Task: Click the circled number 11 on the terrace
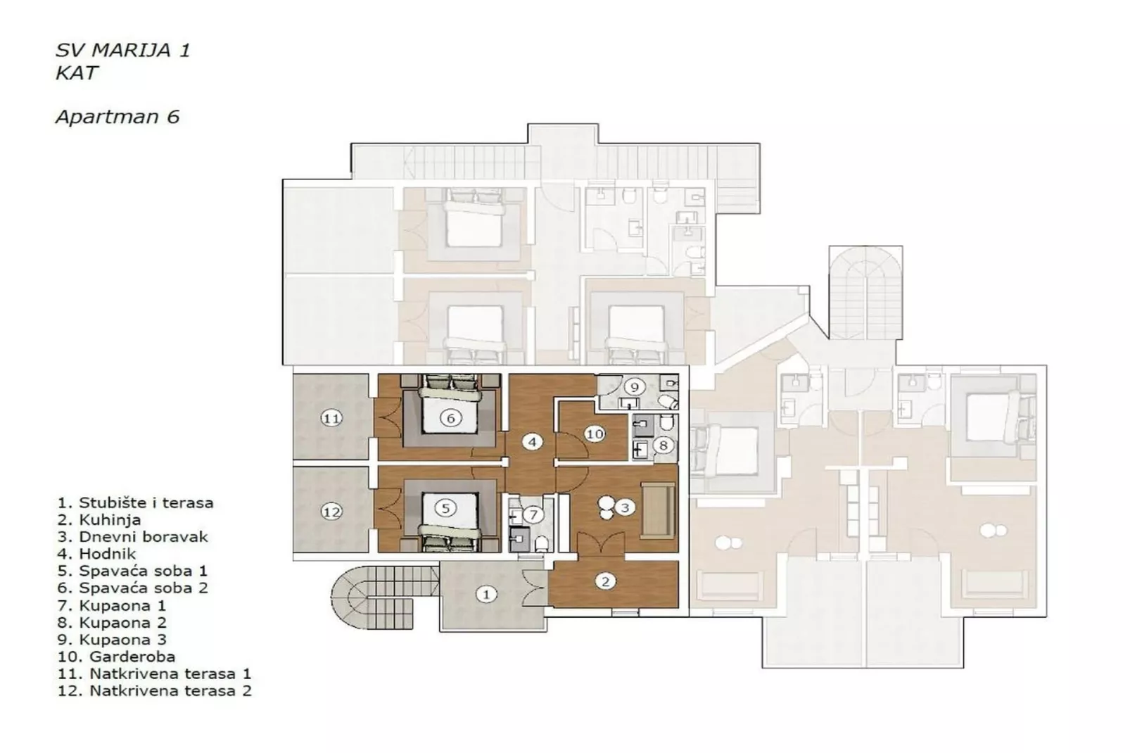[331, 418]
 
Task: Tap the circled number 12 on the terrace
[331, 512]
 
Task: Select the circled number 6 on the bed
[450, 417]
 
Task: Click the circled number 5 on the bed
[445, 507]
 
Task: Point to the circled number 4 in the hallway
[532, 442]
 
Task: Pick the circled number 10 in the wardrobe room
[595, 434]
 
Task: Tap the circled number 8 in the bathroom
[662, 445]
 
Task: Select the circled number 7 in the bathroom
[533, 515]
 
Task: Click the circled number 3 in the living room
[624, 507]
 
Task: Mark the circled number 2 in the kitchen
[605, 581]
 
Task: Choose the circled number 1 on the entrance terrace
[485, 595]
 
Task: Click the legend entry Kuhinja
[109, 520]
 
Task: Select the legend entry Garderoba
[132, 657]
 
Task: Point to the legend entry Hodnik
[107, 554]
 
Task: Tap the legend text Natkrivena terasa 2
[170, 691]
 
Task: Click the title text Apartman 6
[118, 117]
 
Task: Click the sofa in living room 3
[657, 510]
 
